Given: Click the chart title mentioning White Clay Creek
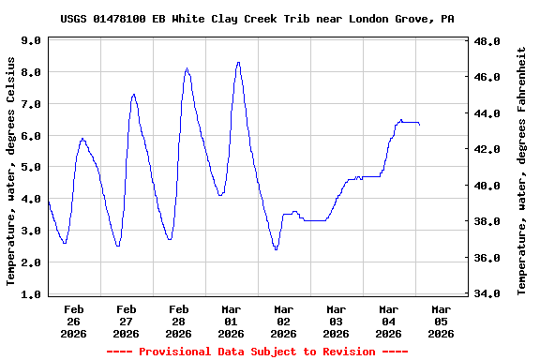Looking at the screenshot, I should point(263,18).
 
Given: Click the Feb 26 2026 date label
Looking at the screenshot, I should point(74,321).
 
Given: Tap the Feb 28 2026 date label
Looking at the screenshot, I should point(179,321).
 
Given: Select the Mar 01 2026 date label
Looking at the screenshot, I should point(232,321).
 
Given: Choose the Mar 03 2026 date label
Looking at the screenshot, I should point(337,321).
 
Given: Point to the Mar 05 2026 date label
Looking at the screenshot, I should point(442,321).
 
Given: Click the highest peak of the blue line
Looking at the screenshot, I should point(238,62).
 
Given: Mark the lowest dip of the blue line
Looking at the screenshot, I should point(276,249).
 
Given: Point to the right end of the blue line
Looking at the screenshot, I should point(419,124).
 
